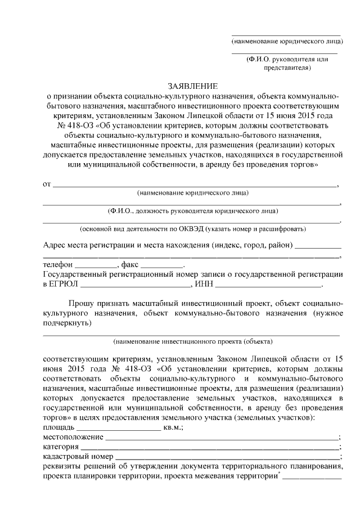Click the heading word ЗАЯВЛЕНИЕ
193,86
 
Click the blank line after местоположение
222,438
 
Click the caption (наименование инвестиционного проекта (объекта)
193,341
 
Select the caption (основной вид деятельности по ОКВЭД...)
193,229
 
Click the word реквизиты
62,467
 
